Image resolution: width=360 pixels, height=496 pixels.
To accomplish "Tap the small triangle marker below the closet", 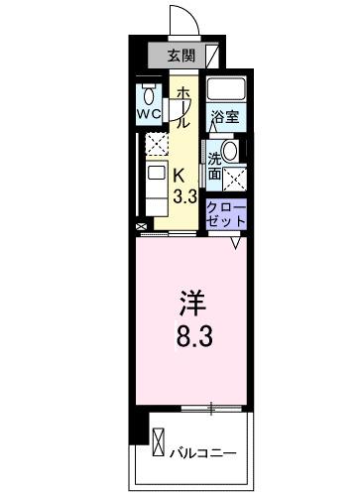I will pyautogui.click(x=236, y=241).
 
